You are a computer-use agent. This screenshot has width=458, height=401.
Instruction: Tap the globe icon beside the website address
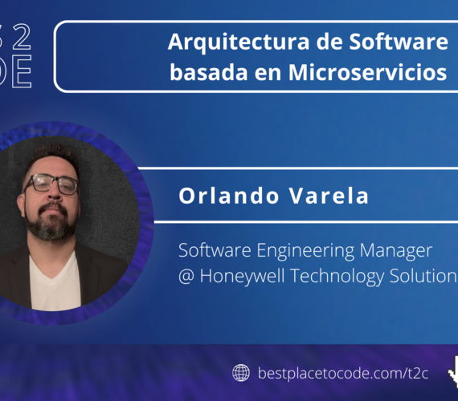click(240, 373)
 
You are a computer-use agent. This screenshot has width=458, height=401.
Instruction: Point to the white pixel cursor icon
click(452, 370)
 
